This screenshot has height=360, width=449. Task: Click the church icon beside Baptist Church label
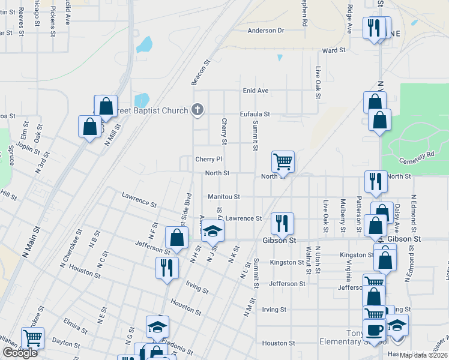pos(197,110)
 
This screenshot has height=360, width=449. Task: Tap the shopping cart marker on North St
pos(283,161)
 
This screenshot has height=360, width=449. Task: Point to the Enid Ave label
pos(255,91)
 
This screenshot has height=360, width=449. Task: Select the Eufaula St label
pos(255,113)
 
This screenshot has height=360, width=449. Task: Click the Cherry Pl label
pos(209,159)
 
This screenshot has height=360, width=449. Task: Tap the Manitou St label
pos(224,196)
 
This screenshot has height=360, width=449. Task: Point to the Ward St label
pos(334,51)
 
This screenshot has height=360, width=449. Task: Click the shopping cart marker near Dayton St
pos(32,338)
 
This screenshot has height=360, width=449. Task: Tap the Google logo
pos(20,353)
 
